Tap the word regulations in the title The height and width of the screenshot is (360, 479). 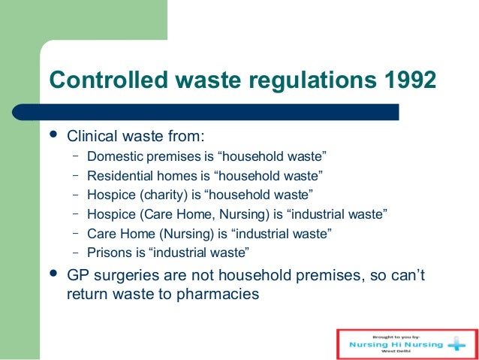[298, 80]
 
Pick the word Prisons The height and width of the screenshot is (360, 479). [107, 253]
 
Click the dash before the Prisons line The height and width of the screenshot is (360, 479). [76, 252]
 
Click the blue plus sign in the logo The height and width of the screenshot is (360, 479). [456, 343]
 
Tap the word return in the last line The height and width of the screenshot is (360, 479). [86, 295]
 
